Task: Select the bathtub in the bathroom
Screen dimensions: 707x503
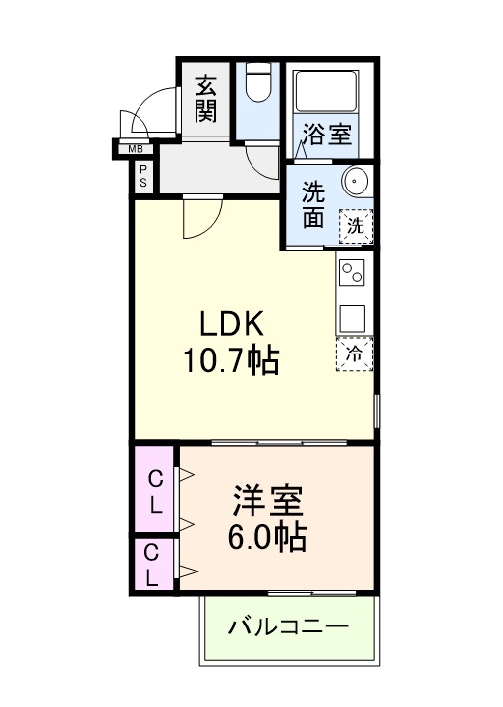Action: coord(328,93)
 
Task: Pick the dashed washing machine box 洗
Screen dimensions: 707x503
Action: coord(356,225)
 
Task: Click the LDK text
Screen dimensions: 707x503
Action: coord(232,325)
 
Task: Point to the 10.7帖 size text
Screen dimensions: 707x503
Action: coord(231,362)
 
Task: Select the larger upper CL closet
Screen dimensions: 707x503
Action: coord(155,490)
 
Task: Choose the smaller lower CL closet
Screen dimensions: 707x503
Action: coord(153,566)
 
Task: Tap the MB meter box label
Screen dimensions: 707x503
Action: coord(134,149)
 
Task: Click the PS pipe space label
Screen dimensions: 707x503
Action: coord(142,176)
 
